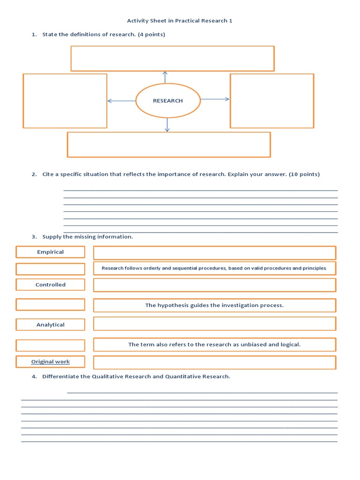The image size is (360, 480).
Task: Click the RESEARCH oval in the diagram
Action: (x=168, y=101)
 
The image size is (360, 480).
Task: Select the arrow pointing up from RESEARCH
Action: (x=165, y=77)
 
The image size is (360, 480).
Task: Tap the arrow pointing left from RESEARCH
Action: (x=121, y=101)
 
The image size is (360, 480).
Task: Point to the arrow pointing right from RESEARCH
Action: (x=215, y=99)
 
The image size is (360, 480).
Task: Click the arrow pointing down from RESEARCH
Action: (x=167, y=125)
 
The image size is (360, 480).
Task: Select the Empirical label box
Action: (x=51, y=252)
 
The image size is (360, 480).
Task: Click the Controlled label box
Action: (x=51, y=285)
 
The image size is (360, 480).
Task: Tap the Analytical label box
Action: (x=51, y=324)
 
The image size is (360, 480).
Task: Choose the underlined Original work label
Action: (x=51, y=361)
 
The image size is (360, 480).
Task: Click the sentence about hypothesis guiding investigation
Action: (x=214, y=305)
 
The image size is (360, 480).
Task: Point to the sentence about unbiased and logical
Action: (x=214, y=345)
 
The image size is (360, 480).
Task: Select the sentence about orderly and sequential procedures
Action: (x=214, y=268)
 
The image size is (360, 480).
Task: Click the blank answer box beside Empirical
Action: (x=214, y=253)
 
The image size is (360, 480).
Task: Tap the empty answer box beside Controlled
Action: (x=214, y=285)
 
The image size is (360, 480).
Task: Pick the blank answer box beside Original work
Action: (x=214, y=362)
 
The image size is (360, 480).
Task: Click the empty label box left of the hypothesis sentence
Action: (x=51, y=305)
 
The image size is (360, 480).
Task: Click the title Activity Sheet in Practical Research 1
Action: (x=180, y=21)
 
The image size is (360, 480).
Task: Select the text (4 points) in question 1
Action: (x=151, y=34)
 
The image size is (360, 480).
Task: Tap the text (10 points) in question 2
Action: (x=304, y=174)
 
